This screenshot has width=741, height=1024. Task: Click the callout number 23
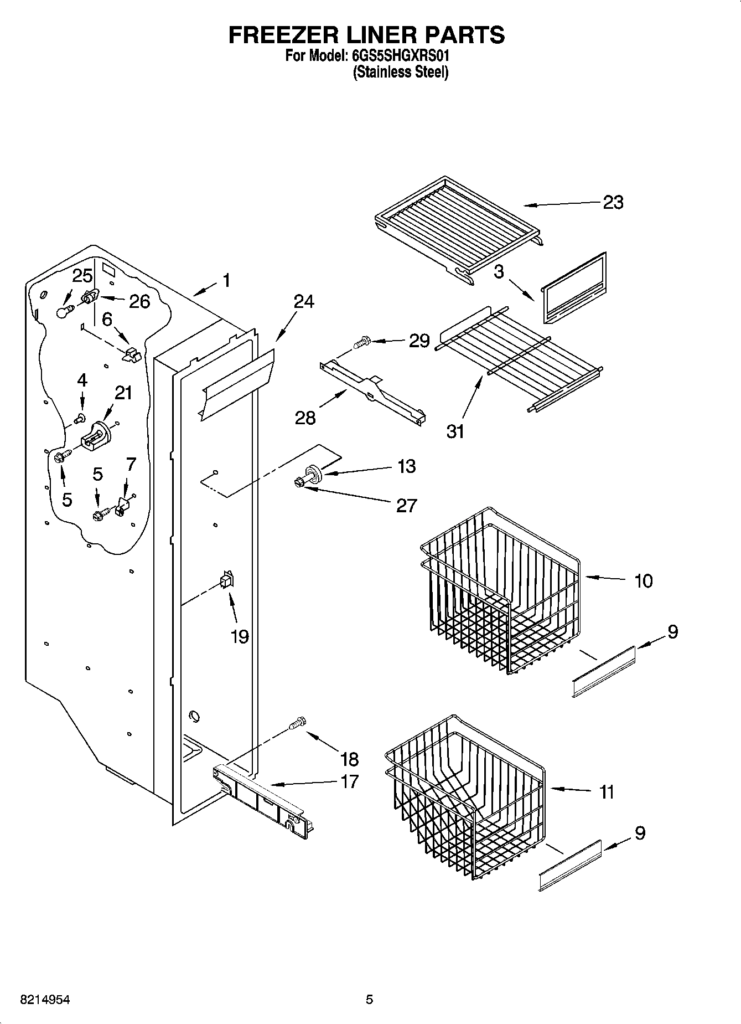coord(613,202)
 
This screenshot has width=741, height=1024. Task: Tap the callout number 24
coord(303,302)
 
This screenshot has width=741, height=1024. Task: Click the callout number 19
coord(240,636)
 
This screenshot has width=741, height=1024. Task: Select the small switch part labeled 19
coord(226,580)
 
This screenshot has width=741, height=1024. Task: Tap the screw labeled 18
coord(298,723)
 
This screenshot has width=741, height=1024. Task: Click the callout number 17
coord(350,781)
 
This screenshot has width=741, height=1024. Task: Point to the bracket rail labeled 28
coord(372,392)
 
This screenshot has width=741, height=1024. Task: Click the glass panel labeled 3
coord(573,289)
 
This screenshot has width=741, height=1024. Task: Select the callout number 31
coord(455,431)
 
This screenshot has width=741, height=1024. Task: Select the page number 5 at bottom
coord(369,1000)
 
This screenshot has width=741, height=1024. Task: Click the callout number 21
coord(123,393)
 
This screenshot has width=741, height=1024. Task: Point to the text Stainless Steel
coord(401,71)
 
